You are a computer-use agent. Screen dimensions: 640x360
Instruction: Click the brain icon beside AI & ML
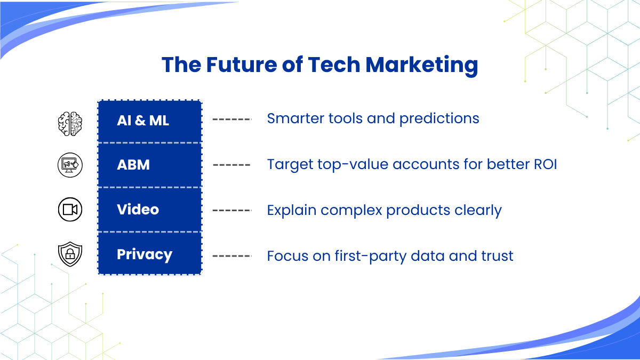(70, 124)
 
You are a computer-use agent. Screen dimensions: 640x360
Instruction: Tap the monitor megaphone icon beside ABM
(70, 165)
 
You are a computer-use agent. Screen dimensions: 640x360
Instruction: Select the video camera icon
(70, 210)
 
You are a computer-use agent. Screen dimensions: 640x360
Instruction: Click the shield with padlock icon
(70, 254)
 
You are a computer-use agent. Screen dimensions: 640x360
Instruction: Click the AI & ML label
(143, 121)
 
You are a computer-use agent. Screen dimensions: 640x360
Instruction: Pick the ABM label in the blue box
(133, 165)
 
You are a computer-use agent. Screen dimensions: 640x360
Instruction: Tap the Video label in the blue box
(138, 210)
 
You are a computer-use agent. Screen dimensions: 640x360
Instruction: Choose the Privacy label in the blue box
(145, 255)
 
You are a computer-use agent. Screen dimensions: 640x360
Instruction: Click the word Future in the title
(242, 65)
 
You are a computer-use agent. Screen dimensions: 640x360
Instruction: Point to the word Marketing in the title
(422, 66)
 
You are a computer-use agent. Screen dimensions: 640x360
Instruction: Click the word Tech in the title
(334, 65)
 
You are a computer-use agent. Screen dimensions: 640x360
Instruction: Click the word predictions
(439, 119)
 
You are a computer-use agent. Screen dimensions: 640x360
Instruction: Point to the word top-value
(353, 165)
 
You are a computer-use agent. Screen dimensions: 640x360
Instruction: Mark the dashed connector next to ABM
(231, 165)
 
